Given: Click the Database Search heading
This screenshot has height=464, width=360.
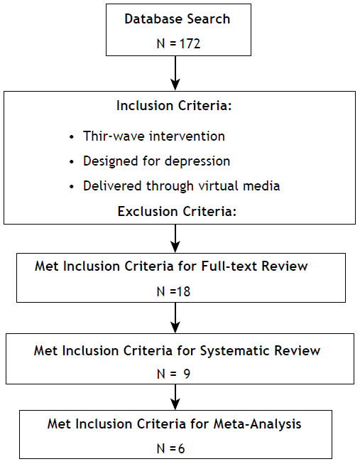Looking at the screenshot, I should click(x=177, y=18).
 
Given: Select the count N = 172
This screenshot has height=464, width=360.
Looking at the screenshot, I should click(x=177, y=43).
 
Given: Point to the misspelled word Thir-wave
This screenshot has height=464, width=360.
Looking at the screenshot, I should click(x=107, y=136).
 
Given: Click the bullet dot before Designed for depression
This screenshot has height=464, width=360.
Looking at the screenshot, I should click(x=71, y=161).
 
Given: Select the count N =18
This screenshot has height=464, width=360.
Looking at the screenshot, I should click(x=176, y=291).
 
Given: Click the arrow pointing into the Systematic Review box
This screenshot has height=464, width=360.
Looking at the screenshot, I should click(x=175, y=321).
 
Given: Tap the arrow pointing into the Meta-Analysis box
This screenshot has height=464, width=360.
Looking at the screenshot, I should click(x=175, y=397).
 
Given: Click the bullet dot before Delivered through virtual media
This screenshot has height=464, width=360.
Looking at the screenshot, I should click(x=71, y=186).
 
